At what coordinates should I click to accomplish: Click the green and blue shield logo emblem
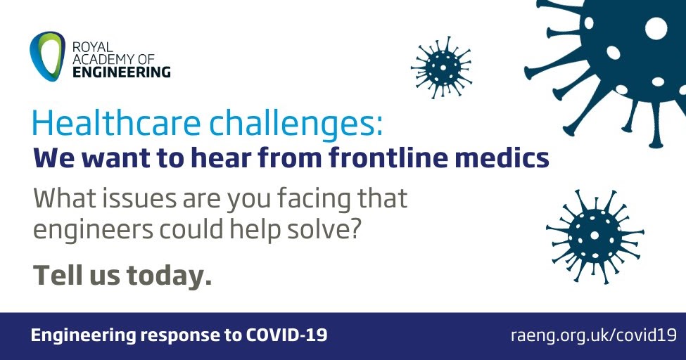(47, 56)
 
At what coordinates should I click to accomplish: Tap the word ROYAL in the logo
(92, 47)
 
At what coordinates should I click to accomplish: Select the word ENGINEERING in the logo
(121, 72)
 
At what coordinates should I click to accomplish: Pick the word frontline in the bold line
(388, 157)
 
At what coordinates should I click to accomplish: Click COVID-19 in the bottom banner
(286, 335)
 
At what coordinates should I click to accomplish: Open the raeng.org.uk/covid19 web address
(594, 335)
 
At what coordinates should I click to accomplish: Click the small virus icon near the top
(441, 67)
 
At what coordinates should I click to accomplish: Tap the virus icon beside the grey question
(595, 236)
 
